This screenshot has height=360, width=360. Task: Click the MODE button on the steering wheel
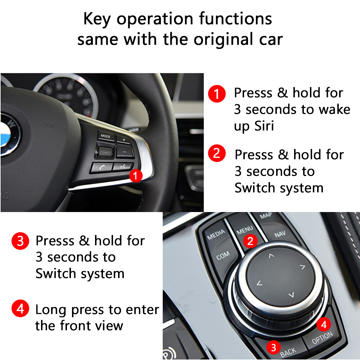tap(105, 136)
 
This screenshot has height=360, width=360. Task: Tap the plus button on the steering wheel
tap(124, 139)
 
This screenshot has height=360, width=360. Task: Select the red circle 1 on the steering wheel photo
tap(135, 176)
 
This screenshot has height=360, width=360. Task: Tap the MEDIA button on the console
tap(216, 235)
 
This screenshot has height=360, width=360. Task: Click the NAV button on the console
tap(280, 235)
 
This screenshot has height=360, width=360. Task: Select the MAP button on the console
tap(266, 216)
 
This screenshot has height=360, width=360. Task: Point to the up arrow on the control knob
tap(271, 256)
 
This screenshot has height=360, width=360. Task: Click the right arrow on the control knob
tap(302, 267)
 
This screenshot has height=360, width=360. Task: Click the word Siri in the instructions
tap(264, 126)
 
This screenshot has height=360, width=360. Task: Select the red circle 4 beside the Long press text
tap(20, 309)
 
